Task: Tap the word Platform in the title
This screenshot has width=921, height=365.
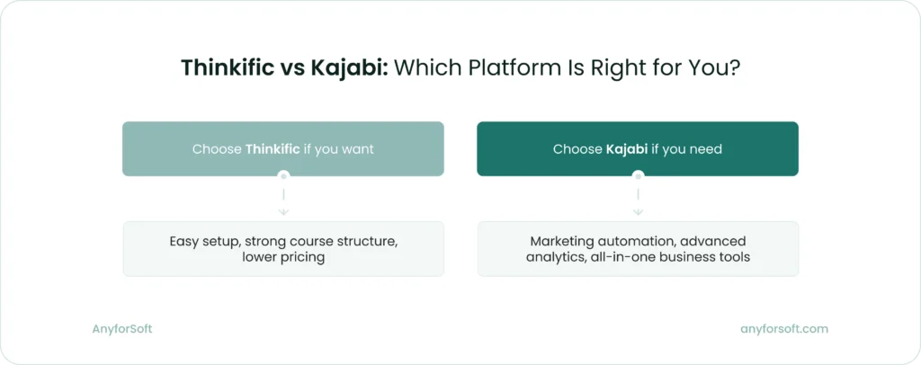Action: [x=536, y=68]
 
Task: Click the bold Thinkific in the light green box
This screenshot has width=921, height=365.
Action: [x=272, y=149]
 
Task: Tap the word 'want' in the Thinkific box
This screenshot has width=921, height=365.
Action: [x=356, y=149]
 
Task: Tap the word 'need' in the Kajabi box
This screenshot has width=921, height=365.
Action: [x=704, y=149]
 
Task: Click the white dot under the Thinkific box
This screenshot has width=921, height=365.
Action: [x=283, y=175]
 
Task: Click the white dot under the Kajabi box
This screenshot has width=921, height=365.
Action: [x=638, y=175]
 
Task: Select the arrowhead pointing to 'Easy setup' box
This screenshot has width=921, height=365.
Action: [x=283, y=212]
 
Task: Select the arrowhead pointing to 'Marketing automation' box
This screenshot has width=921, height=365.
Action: [x=638, y=212]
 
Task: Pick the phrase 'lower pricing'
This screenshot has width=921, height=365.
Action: [x=283, y=257]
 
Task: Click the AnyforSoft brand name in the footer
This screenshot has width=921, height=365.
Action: [x=122, y=329]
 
